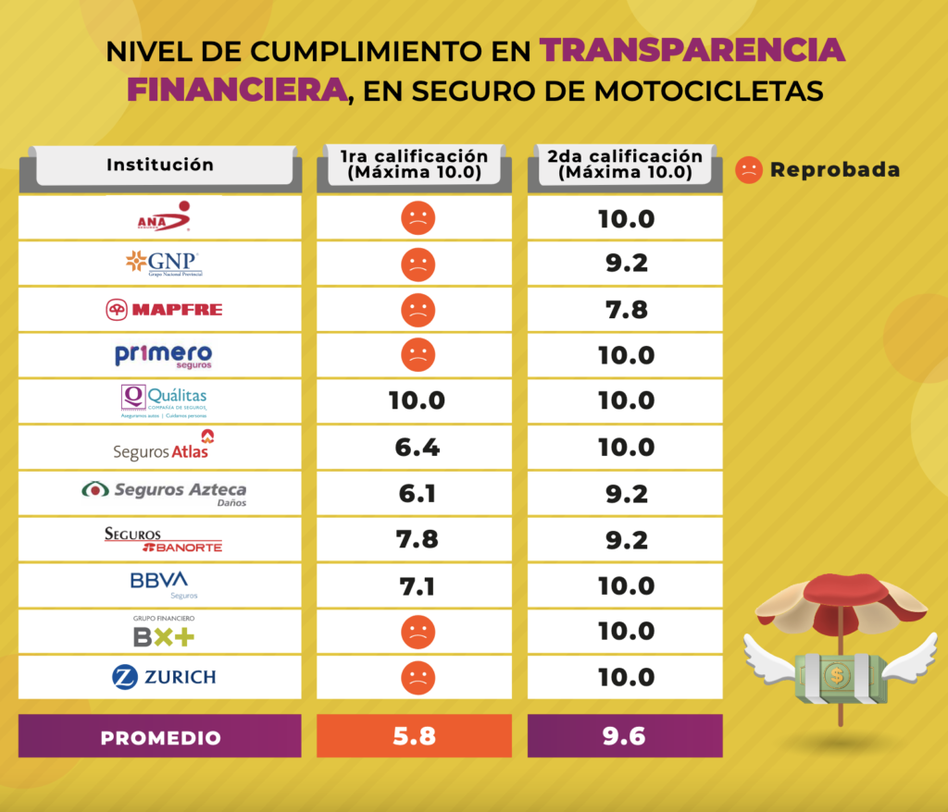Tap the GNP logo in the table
click(164, 264)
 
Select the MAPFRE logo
click(164, 309)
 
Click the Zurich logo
click(164, 677)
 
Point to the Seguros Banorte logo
click(164, 539)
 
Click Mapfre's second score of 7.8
click(626, 310)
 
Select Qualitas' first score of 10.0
click(417, 401)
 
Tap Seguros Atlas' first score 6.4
click(417, 448)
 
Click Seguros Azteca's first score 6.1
click(417, 494)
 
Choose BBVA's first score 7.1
click(417, 585)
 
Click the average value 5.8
click(415, 737)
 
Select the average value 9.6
click(626, 737)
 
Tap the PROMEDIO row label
click(160, 738)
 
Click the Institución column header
click(160, 166)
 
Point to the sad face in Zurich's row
click(418, 678)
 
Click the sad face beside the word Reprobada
click(748, 169)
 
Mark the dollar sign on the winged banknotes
click(837, 676)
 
